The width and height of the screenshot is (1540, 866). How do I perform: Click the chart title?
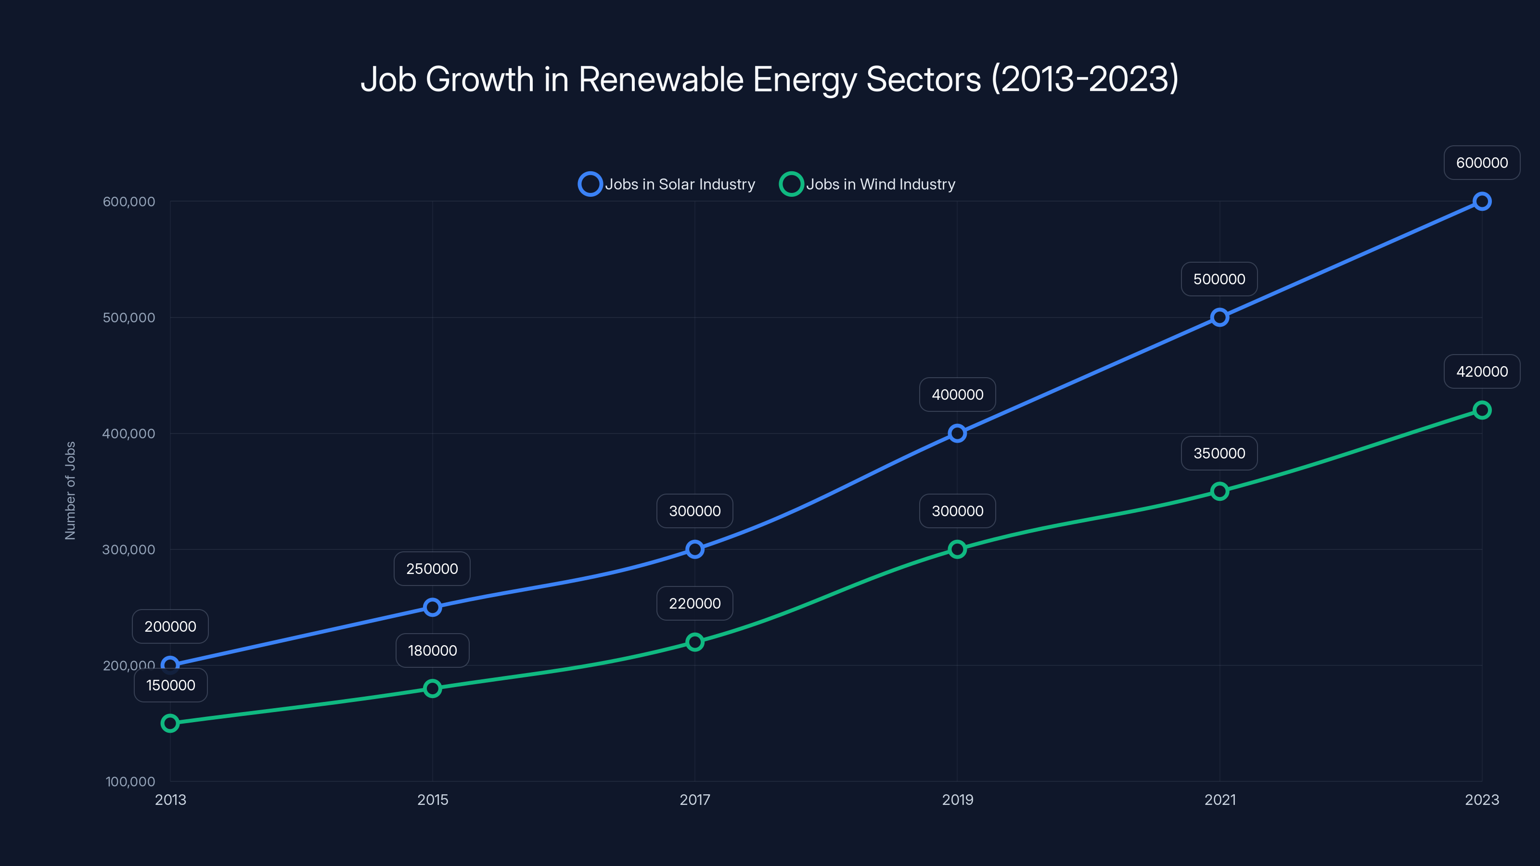[770, 79]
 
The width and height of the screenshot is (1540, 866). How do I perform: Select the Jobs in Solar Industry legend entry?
[667, 184]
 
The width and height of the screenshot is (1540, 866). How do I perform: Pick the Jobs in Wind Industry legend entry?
[867, 184]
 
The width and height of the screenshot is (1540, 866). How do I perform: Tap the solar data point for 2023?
[1481, 202]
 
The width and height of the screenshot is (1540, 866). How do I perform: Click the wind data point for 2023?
[1481, 410]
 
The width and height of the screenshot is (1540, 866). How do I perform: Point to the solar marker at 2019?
[957, 433]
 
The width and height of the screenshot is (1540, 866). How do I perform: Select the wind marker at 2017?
[694, 642]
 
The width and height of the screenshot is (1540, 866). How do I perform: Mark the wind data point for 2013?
[170, 724]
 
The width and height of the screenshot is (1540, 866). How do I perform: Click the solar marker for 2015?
[432, 608]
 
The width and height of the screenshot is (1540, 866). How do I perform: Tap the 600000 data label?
[1481, 163]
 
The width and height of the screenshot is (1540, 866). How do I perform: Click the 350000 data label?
[1219, 454]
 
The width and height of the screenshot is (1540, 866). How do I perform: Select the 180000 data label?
[432, 651]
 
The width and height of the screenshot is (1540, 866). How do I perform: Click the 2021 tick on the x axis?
[1219, 800]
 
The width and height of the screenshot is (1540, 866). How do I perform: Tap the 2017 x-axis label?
[694, 800]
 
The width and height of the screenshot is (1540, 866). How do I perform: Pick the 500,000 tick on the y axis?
[128, 318]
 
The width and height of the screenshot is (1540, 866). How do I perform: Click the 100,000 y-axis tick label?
[130, 782]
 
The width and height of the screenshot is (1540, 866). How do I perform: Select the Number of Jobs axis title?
[71, 491]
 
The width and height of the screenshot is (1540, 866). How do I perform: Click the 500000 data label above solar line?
[1219, 279]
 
